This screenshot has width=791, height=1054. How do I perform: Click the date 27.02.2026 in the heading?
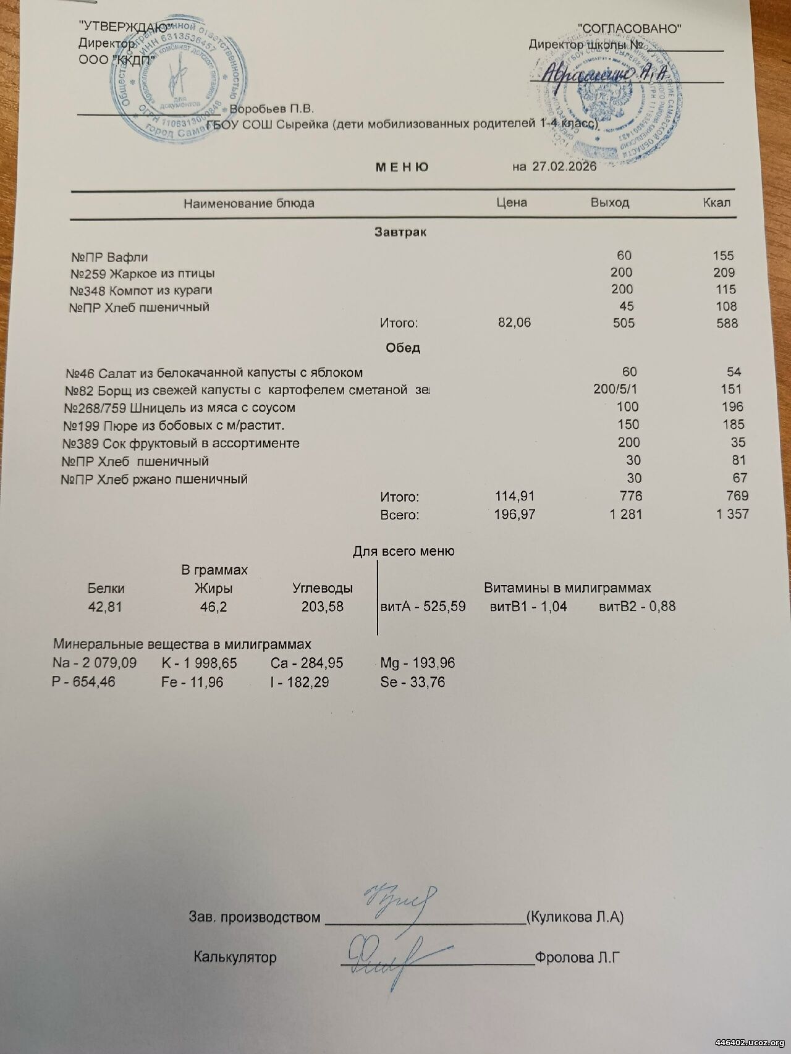[x=563, y=167]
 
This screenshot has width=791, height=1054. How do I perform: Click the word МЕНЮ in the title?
[x=402, y=167]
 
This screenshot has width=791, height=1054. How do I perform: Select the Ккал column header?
[x=716, y=203]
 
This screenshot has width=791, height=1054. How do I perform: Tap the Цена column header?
[x=512, y=203]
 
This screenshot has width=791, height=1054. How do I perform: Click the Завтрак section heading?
[x=400, y=233]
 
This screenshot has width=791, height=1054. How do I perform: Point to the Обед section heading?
[x=403, y=348]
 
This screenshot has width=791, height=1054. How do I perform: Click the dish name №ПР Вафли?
[x=109, y=257]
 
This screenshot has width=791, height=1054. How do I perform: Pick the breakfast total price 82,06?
[x=514, y=323]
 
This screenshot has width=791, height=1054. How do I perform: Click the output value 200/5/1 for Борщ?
[x=615, y=389]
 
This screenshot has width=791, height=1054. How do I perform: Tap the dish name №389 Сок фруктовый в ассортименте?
[x=181, y=444]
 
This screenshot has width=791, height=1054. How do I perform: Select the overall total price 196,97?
[x=515, y=514]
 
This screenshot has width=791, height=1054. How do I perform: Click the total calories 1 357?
[x=732, y=514]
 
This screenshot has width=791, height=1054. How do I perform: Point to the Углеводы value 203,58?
[x=322, y=607]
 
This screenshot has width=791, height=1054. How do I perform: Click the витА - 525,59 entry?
[x=423, y=607]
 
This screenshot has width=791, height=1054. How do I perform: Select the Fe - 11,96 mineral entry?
[x=192, y=683]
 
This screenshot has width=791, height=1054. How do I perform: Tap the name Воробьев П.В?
[x=272, y=109]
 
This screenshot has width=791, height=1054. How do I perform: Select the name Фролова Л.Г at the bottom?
[x=577, y=958]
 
